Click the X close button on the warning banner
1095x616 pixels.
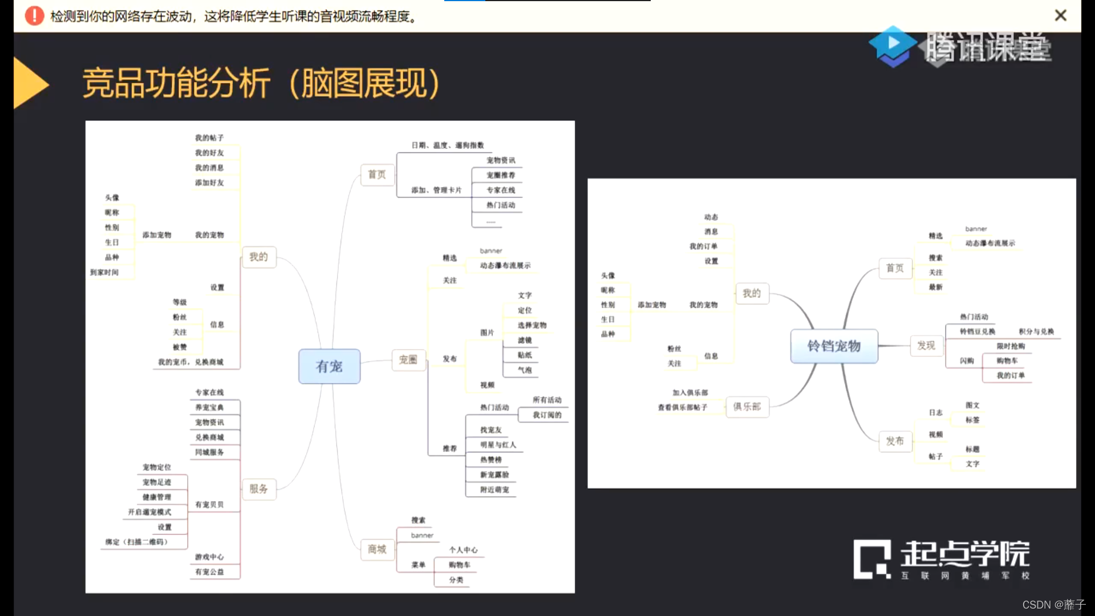click(x=1060, y=15)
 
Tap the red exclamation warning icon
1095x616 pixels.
click(x=34, y=15)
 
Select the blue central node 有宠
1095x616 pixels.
click(x=329, y=366)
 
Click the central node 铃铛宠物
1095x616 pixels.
click(x=834, y=346)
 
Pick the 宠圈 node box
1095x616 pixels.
click(x=408, y=360)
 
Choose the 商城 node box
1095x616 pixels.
click(x=377, y=549)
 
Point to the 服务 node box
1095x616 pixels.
click(x=258, y=489)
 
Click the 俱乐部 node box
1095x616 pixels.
click(x=747, y=407)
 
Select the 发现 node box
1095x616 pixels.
click(x=926, y=346)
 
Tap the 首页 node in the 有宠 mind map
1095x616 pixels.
click(x=377, y=175)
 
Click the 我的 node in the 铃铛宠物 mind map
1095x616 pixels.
click(x=752, y=293)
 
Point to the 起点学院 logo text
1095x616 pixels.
click(x=965, y=554)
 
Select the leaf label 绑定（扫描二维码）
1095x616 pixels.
click(x=137, y=542)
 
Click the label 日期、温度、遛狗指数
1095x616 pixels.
click(x=448, y=145)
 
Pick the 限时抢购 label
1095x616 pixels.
click(x=1011, y=346)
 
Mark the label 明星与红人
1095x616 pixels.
click(x=498, y=445)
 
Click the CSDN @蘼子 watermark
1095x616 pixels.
click(x=1053, y=605)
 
